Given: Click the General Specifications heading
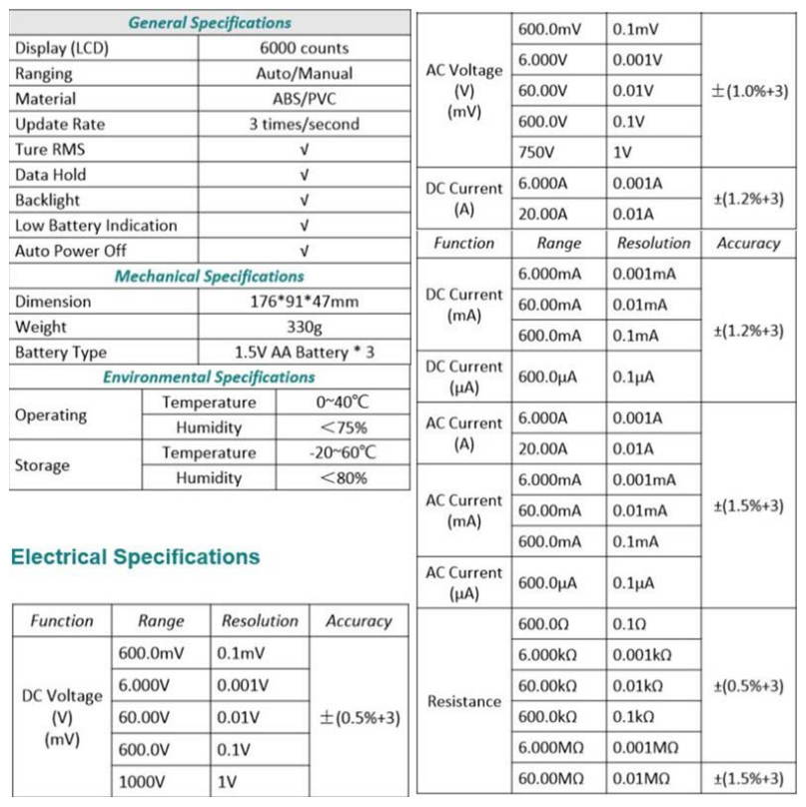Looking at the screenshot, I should (x=210, y=22).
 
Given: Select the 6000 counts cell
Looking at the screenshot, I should (x=305, y=48).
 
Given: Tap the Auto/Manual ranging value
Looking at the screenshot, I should (x=305, y=73).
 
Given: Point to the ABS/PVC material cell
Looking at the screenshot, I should (x=305, y=99).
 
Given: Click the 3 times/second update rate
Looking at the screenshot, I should (x=305, y=124).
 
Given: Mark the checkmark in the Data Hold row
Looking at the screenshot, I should (x=305, y=175).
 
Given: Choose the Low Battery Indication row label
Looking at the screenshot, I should (x=96, y=226).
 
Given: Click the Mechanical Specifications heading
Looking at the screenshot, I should (x=210, y=277).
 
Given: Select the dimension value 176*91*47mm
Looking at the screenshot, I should (x=305, y=302).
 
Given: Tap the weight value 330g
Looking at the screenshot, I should (x=305, y=327).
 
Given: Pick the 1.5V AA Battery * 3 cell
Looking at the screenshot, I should (x=305, y=353).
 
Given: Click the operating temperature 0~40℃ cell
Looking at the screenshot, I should (x=343, y=403).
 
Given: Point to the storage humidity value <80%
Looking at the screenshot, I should (x=343, y=478).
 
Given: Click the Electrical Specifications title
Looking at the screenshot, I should (x=135, y=557).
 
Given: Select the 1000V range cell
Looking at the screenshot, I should (x=139, y=782).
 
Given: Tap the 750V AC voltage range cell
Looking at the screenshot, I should (x=537, y=153).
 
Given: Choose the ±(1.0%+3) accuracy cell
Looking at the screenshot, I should (x=749, y=91).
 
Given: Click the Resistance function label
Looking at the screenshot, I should (x=464, y=701).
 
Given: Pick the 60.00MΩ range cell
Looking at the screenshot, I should (x=548, y=778).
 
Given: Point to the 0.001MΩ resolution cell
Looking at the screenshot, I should (x=647, y=748).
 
